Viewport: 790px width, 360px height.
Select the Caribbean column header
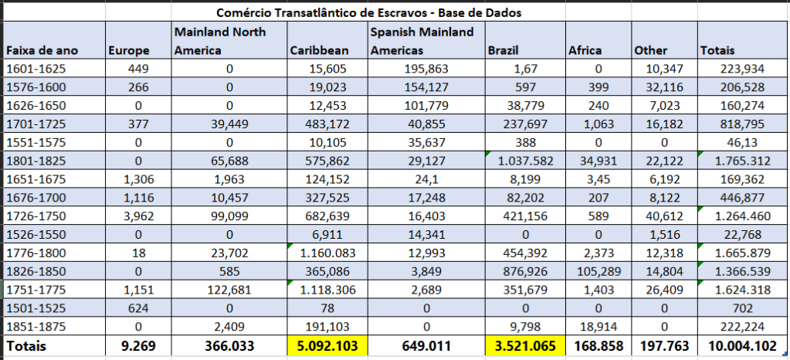319,51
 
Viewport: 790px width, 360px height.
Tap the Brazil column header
503,51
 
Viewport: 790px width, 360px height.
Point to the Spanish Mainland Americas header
422,41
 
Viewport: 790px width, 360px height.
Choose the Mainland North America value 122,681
229,289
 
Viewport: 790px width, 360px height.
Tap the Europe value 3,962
139,216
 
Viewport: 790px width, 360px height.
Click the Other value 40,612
663,216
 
